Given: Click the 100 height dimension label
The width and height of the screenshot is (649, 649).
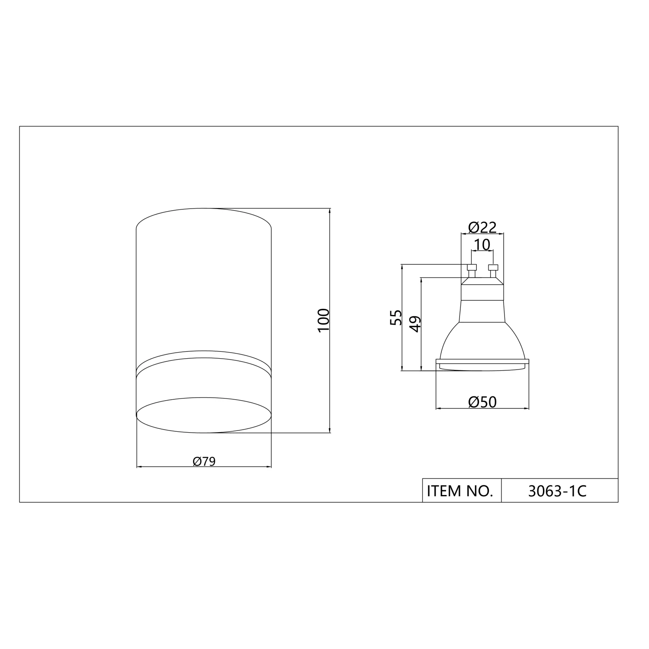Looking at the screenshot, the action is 324,320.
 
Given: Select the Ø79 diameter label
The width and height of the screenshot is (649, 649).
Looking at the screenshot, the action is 204,462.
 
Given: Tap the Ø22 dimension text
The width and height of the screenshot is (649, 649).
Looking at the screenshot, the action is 482,227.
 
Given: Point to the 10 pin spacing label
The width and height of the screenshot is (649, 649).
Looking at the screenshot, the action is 482,245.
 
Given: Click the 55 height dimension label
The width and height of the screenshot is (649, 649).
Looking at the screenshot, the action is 396,318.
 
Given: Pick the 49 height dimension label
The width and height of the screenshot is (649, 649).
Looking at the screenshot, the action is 415,324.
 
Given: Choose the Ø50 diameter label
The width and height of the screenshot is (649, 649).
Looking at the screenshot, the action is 482,402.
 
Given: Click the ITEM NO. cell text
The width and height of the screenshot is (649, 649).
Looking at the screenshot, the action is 460,491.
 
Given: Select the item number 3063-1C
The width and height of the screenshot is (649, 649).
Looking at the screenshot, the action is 557,491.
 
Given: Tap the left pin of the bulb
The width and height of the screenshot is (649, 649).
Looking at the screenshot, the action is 472,271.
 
